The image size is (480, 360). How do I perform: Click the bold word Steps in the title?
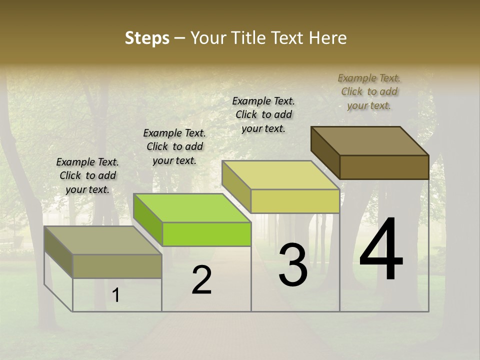(x=147, y=38)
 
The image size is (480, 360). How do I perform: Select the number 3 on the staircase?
(x=293, y=265)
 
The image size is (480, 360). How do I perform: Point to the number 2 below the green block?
(x=202, y=280)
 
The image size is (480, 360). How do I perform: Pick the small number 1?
(x=115, y=295)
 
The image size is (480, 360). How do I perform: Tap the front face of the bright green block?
(x=206, y=234)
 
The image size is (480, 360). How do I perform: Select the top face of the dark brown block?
(x=370, y=140)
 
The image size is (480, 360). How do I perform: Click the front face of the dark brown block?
(x=384, y=167)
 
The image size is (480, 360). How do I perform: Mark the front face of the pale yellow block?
(x=295, y=201)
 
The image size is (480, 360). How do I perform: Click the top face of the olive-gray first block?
(x=103, y=240)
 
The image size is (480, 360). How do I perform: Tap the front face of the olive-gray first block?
(x=117, y=266)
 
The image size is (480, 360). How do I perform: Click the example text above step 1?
(x=87, y=175)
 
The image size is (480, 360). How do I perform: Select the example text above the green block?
(x=174, y=146)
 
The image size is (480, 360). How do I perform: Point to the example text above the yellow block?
(x=263, y=114)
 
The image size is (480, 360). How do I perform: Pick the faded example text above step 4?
(x=369, y=91)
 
